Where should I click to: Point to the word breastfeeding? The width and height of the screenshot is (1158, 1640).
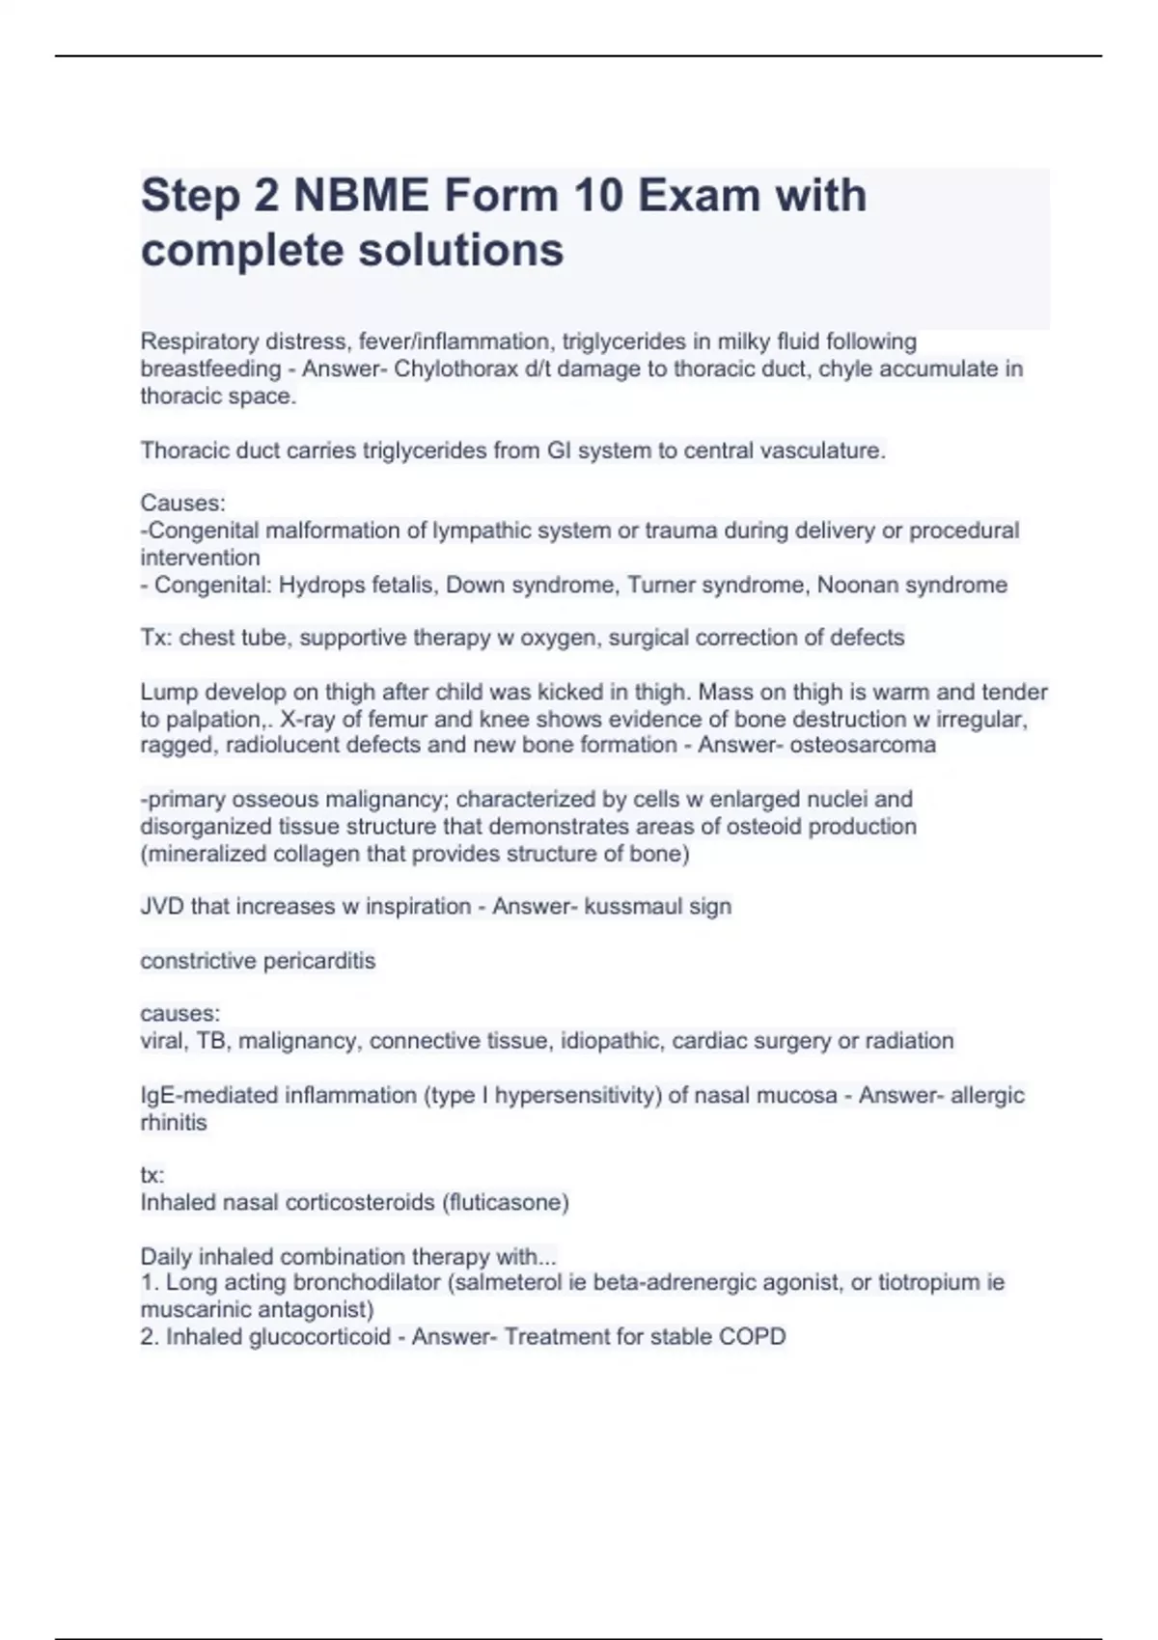click(x=210, y=369)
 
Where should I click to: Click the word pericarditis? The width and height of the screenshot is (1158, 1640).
click(x=319, y=961)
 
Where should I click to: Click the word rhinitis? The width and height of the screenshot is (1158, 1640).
click(x=174, y=1122)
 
